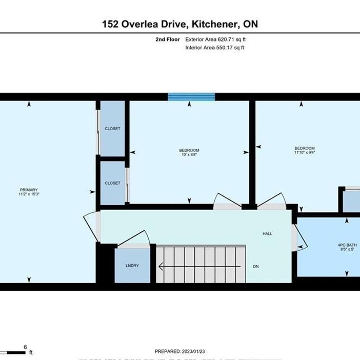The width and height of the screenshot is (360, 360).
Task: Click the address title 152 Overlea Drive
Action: tap(179, 25)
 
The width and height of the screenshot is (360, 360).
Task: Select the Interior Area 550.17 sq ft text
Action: tap(214, 48)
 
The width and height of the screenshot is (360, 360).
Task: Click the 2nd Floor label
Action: tap(167, 39)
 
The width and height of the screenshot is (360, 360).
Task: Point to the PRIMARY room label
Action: tap(29, 190)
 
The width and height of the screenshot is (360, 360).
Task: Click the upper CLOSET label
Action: tap(112, 129)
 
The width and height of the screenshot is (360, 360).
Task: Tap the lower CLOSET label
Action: tap(112, 183)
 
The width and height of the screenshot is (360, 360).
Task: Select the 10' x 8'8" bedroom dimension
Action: tap(190, 154)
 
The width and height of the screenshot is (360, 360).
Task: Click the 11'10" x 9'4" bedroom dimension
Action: tap(305, 152)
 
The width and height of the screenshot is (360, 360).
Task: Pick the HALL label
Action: tap(267, 233)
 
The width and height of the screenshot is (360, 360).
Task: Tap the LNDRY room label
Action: tap(132, 266)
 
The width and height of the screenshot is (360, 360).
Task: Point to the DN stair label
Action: tap(256, 267)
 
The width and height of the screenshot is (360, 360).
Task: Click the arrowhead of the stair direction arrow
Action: tap(161, 267)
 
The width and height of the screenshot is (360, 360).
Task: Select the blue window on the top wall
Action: tap(191, 97)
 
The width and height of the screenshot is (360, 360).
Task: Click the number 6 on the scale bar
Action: tap(25, 347)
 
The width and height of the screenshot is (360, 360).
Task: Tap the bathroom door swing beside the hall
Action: tap(299, 237)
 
